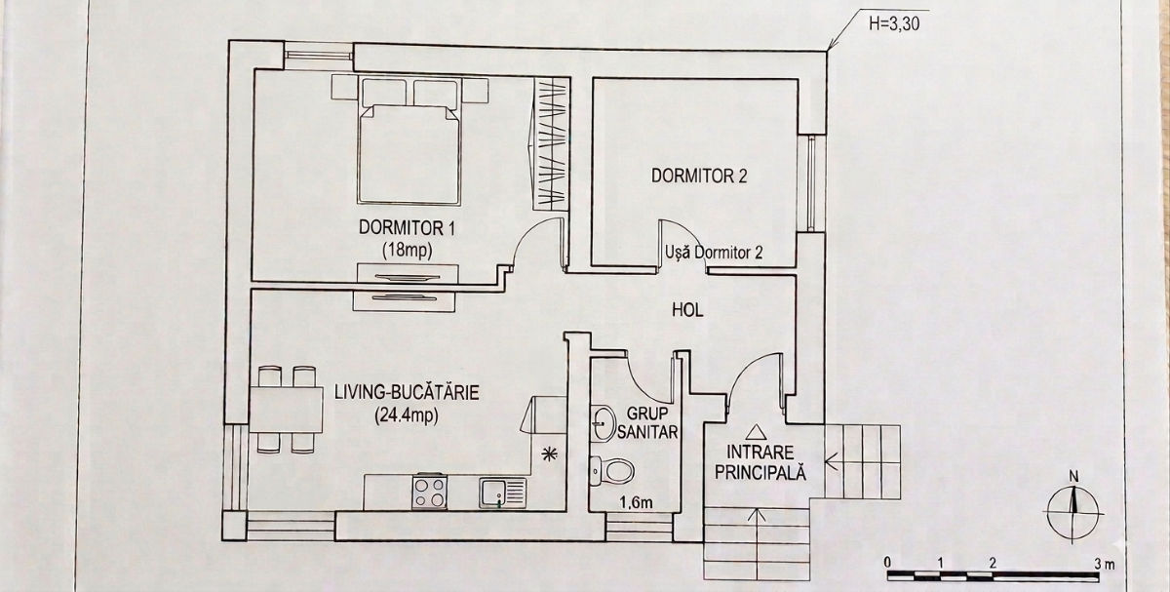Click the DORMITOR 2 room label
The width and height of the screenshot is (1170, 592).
coord(699,177)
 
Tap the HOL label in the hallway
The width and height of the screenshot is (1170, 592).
coord(687,310)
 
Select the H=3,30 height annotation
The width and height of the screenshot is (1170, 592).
coord(894,24)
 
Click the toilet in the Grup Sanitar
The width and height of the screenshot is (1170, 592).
coord(611,470)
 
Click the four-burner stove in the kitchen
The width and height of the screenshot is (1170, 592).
coord(429,492)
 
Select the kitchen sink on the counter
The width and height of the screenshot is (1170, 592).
coord(503,493)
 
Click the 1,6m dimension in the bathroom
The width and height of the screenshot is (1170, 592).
coord(636,502)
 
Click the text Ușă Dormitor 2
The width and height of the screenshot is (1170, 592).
coord(714,253)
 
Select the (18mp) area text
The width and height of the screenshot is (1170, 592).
coord(408,252)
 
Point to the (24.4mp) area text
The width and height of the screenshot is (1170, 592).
coord(407,415)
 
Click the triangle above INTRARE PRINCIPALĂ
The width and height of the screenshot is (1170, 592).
coord(756,432)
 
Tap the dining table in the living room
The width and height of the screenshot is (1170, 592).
coord(286,409)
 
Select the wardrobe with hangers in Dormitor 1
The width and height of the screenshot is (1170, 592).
coord(551,144)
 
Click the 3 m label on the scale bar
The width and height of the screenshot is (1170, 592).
coord(1106,564)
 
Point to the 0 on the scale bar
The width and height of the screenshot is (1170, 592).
coord(887,562)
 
